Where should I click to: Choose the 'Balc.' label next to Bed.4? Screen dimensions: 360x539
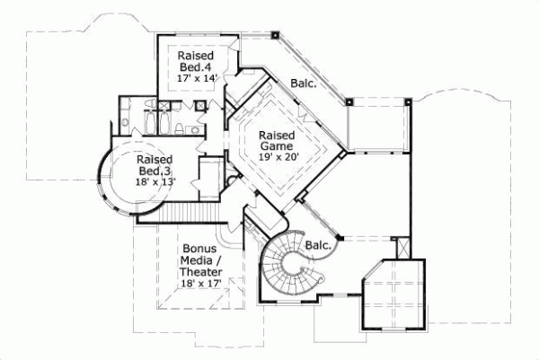click(x=302, y=83)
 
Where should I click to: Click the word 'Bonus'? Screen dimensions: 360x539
click(x=198, y=248)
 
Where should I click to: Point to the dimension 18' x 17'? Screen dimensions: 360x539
click(x=199, y=283)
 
